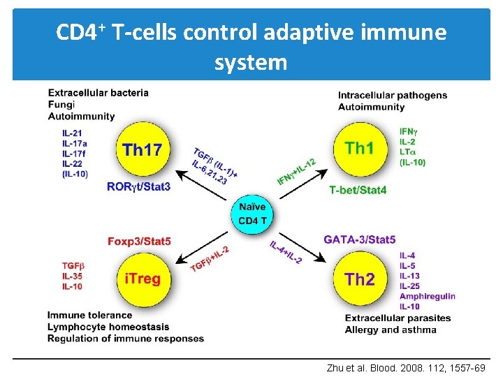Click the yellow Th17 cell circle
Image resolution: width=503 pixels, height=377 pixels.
[142, 149]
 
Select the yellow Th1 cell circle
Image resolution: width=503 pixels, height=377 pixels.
[360, 148]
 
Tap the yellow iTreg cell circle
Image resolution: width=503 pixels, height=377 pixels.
[142, 279]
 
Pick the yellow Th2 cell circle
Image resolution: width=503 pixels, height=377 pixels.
[360, 279]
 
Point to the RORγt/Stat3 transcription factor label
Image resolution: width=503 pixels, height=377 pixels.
[138, 186]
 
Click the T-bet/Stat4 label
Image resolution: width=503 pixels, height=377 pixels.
[358, 190]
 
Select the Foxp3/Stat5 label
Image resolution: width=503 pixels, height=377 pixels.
[139, 242]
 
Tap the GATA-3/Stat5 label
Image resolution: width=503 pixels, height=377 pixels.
[359, 239]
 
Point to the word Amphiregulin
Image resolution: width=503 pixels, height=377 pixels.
[427, 296]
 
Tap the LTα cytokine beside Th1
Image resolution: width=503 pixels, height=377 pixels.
[407, 151]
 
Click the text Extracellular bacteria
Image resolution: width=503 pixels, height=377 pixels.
[98, 92]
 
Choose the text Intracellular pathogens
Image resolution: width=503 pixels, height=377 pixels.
[393, 96]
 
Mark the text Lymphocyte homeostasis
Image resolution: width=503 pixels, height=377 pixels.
[108, 327]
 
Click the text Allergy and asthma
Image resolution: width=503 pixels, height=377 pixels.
[390, 330]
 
